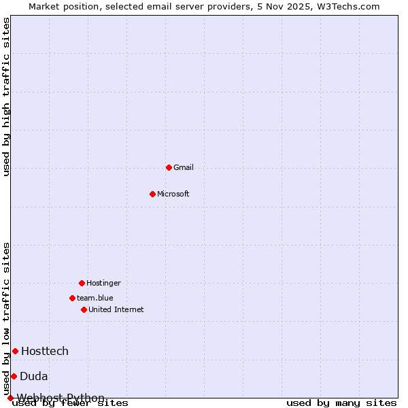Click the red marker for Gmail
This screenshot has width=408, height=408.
point(169,167)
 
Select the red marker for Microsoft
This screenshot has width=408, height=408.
point(152,194)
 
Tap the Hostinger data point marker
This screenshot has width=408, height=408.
point(82,283)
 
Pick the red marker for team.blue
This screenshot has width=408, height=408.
point(72,298)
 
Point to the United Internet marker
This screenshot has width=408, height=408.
point(84,309)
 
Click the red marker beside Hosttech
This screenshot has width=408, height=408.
point(15,351)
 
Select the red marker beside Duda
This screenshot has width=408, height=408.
point(14,376)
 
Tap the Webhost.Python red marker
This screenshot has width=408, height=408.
point(10,398)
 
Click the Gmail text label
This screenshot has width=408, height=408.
point(184,167)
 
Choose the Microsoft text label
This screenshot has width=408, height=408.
point(173,194)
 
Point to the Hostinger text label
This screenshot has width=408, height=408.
point(103,283)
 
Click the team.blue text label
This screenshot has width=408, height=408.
point(95,298)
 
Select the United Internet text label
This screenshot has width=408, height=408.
point(116,309)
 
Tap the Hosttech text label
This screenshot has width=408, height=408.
point(45,351)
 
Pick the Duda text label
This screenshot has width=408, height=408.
point(34,376)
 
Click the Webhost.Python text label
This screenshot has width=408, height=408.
point(61,398)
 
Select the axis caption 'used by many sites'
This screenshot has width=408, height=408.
point(341,403)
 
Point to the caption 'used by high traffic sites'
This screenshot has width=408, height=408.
point(6,97)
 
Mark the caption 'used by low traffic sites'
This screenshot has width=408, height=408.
point(6,318)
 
